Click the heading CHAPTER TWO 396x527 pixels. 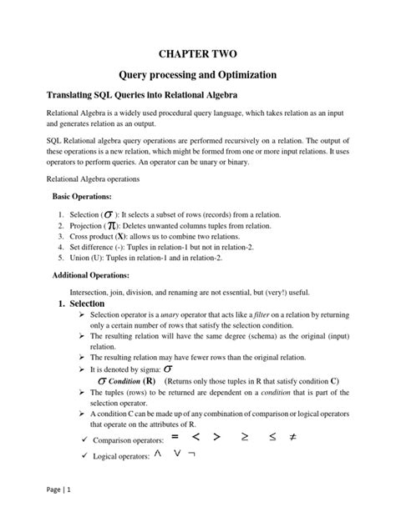tap(197, 54)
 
